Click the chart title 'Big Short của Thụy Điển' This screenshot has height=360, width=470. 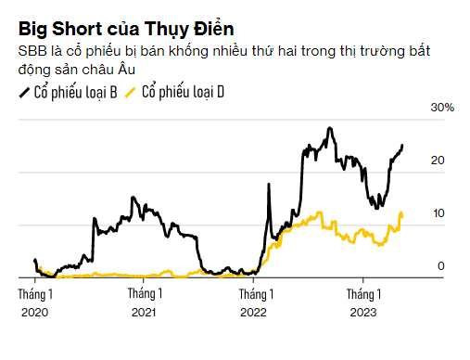(126, 30)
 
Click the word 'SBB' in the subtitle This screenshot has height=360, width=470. (32, 51)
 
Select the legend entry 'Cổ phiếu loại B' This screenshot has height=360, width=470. (75, 92)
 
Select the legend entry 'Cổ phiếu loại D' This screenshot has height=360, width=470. (183, 92)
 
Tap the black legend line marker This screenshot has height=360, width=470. (24, 93)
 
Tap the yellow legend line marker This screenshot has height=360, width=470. (130, 93)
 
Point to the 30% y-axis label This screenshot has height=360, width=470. (442, 108)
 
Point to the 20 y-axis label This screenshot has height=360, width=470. (438, 161)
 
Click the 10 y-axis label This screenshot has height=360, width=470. (438, 213)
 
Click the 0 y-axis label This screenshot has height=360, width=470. (441, 266)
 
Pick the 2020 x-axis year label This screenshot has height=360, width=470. (35, 313)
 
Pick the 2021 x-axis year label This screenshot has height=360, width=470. (144, 313)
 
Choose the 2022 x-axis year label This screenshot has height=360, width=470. (253, 313)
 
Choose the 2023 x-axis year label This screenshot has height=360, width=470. (363, 313)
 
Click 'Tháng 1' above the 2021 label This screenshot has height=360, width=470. (145, 293)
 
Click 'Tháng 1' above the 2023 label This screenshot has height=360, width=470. (363, 294)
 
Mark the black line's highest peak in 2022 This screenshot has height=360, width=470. (330, 128)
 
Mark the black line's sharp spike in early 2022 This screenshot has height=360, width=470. (269, 184)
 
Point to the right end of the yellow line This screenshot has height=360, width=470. (401, 215)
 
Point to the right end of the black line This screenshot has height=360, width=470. (402, 145)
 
